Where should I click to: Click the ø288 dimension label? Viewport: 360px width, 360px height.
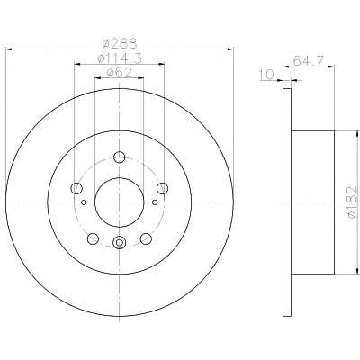point(120,44)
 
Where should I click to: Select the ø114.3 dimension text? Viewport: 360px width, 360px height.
point(120,58)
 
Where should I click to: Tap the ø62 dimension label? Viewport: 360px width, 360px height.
point(120,72)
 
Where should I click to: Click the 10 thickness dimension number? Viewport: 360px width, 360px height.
point(266,75)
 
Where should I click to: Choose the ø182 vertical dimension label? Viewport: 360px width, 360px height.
point(353,202)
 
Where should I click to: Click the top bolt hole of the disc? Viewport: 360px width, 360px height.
point(120,157)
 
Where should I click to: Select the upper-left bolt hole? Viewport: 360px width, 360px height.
point(76,188)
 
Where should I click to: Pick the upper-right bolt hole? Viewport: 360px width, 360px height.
point(163,188)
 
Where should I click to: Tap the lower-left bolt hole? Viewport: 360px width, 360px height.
point(93,238)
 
